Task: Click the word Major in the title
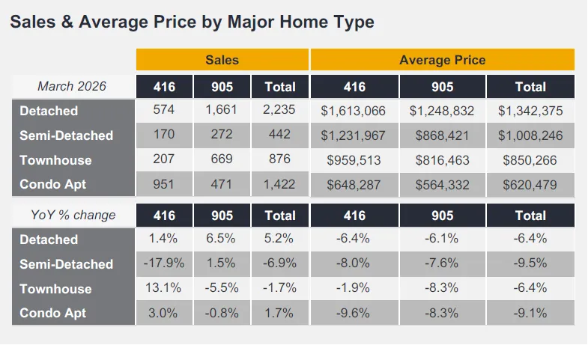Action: click(x=251, y=22)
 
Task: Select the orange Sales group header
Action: click(x=222, y=60)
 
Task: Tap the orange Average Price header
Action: click(x=443, y=60)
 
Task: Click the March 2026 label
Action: click(x=72, y=86)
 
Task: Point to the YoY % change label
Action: click(x=73, y=215)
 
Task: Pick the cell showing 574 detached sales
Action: click(x=164, y=109)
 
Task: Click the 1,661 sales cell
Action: click(x=221, y=109)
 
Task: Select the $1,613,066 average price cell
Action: click(x=354, y=111)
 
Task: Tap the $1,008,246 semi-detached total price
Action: click(x=530, y=135)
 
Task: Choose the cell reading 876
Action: click(x=279, y=159)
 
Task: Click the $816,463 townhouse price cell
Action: click(x=443, y=160)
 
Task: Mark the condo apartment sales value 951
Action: click(x=163, y=184)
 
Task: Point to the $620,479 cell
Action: click(x=530, y=185)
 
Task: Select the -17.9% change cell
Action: click(x=164, y=263)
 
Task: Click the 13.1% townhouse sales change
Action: click(x=163, y=287)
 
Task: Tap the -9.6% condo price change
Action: click(x=353, y=313)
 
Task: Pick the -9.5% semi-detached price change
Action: click(x=530, y=263)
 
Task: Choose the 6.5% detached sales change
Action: click(x=221, y=238)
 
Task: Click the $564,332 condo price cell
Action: click(x=443, y=185)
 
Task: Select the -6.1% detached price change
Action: click(x=442, y=238)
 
